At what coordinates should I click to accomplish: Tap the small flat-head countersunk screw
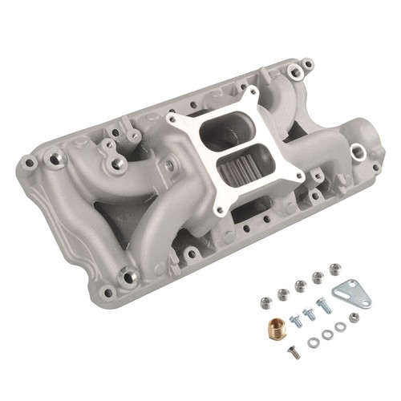[x=294, y=351]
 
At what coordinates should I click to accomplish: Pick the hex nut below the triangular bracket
[x=354, y=318]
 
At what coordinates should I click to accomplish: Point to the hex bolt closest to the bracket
[x=323, y=305]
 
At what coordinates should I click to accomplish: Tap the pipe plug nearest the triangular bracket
[x=335, y=269]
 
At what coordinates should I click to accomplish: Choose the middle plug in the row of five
[x=301, y=286]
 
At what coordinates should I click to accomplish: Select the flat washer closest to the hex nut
[x=340, y=326]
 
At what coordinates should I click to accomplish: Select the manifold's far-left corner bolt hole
[x=30, y=163]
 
